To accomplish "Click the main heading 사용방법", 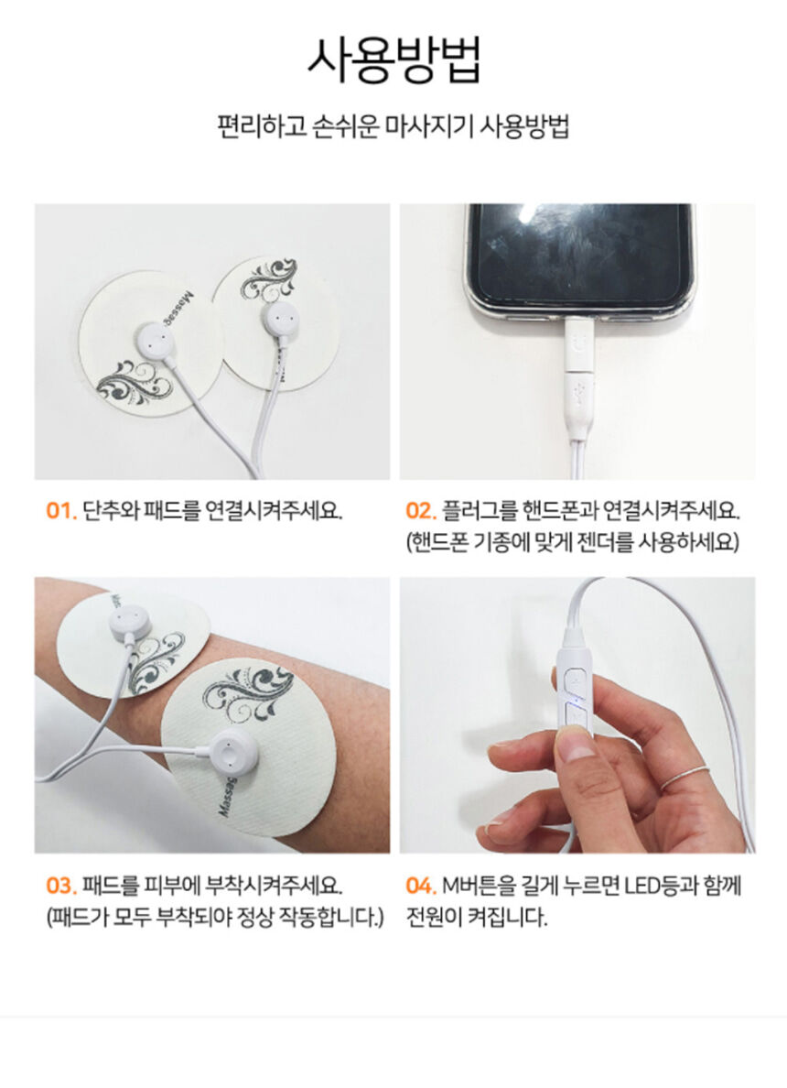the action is coord(393,60).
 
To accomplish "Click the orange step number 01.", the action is coord(61,511).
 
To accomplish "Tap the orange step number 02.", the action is coord(421,511).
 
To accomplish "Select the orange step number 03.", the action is coord(61,887).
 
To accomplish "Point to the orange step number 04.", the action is coord(421,887).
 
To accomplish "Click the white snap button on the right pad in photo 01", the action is coord(279,319).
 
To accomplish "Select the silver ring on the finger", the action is coord(684,778).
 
